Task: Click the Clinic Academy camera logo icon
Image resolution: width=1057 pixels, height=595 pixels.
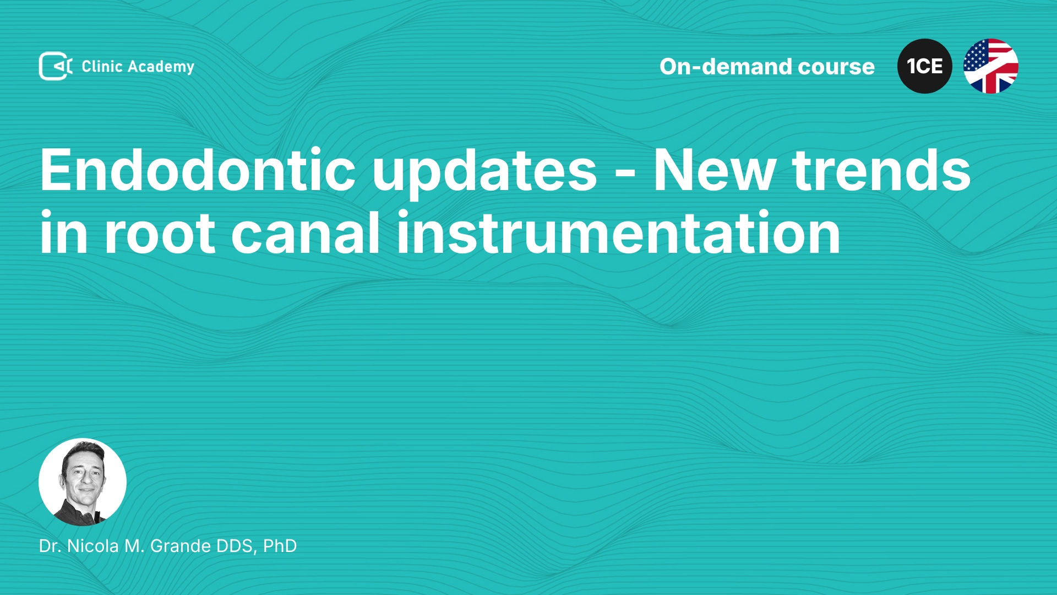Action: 56,66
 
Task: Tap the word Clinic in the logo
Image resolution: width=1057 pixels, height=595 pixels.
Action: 102,66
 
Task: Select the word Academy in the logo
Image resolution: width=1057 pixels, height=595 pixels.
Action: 161,67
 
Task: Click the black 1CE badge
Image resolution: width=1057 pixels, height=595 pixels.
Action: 925,66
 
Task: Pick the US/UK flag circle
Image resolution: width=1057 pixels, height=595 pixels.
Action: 991,66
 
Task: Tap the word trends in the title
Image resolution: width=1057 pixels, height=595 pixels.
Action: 881,170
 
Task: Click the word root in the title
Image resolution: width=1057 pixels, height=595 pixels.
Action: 160,234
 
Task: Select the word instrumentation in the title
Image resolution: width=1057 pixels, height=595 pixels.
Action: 618,232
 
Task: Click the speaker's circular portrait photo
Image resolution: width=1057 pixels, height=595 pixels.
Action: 83,482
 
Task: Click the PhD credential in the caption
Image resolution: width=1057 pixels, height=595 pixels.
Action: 280,546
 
